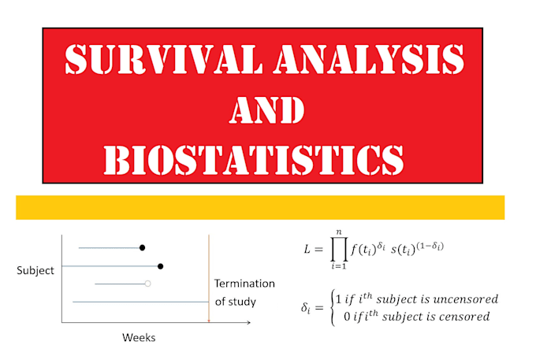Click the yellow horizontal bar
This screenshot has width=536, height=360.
click(x=260, y=207)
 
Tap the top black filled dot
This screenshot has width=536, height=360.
click(x=142, y=247)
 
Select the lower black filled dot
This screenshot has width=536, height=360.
click(x=160, y=266)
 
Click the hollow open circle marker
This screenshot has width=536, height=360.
click(x=147, y=284)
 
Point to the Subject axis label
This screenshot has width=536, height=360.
click(x=35, y=270)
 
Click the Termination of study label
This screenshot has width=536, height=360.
click(x=244, y=292)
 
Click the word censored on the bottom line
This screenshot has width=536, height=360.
click(x=461, y=317)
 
